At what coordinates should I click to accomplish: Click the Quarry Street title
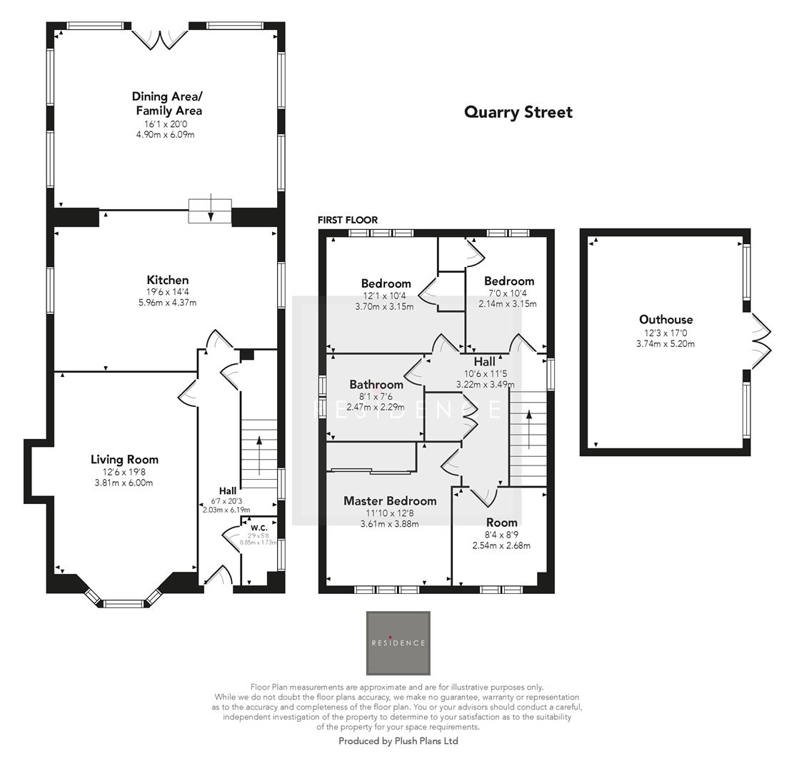coord(518,112)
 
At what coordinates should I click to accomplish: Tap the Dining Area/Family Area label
coord(167,104)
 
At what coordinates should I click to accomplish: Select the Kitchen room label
coord(167,280)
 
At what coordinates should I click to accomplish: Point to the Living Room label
coord(124,459)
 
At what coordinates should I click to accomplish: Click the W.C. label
coord(258,528)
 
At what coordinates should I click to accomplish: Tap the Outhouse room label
coord(665,320)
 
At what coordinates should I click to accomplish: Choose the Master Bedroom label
coord(389,500)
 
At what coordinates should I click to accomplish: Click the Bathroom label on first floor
coord(376,385)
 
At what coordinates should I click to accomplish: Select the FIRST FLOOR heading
coord(348,220)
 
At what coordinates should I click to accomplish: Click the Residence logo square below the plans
coord(398,642)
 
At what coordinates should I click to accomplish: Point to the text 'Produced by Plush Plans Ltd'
coord(398,741)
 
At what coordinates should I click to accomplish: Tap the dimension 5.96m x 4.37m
coord(167,303)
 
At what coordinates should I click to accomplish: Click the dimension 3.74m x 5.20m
coord(665,343)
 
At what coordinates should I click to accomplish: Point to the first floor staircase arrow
coord(528,428)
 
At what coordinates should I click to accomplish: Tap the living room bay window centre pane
coord(124,604)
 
